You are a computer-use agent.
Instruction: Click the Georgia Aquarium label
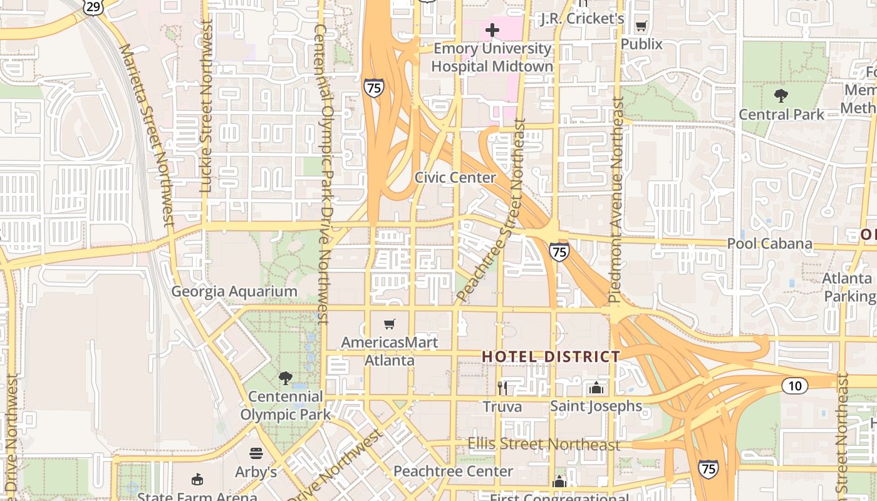[234, 291]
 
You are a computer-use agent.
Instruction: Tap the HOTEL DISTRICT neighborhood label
[551, 356]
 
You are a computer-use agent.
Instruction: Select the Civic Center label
[455, 177]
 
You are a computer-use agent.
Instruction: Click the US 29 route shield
[93, 6]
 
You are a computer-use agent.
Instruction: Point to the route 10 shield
[794, 386]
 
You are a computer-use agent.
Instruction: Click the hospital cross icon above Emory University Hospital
[492, 29]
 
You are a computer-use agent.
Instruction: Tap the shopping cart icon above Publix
[641, 26]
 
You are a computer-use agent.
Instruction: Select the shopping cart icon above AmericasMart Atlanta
[390, 324]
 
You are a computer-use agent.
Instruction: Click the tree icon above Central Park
[781, 96]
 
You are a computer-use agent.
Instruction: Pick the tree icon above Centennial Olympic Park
[285, 378]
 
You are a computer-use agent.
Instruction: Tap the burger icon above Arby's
[256, 453]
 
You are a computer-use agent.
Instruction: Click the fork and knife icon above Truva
[502, 388]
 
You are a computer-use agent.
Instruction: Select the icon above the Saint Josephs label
[596, 388]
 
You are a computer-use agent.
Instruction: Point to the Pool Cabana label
[769, 244]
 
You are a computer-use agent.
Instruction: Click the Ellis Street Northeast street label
[544, 445]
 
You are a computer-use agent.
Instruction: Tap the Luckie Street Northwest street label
[206, 106]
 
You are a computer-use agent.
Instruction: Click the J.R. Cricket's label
[582, 19]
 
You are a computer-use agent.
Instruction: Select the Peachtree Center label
[453, 471]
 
